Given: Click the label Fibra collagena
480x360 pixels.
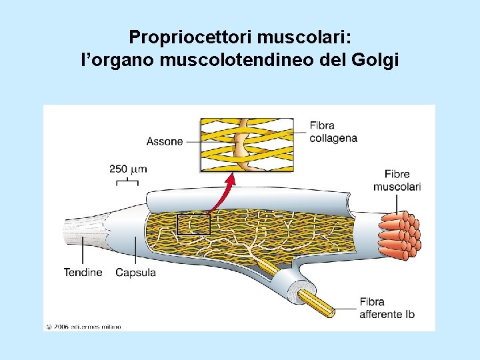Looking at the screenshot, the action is click(x=333, y=132).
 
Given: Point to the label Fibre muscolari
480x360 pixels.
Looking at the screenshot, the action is click(x=397, y=180).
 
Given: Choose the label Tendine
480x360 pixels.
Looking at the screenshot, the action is click(x=83, y=272).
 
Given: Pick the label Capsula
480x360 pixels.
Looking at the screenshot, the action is click(x=135, y=272).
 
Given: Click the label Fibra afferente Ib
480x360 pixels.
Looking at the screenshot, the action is click(x=386, y=307).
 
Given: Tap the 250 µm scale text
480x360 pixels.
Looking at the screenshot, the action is click(x=128, y=169).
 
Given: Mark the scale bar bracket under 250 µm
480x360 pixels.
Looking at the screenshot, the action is click(x=122, y=181).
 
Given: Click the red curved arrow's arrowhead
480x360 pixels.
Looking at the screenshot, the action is click(x=231, y=178).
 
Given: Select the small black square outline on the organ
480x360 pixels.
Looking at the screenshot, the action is click(x=193, y=224).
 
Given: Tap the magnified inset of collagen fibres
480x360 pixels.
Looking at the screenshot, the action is click(x=247, y=145).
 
